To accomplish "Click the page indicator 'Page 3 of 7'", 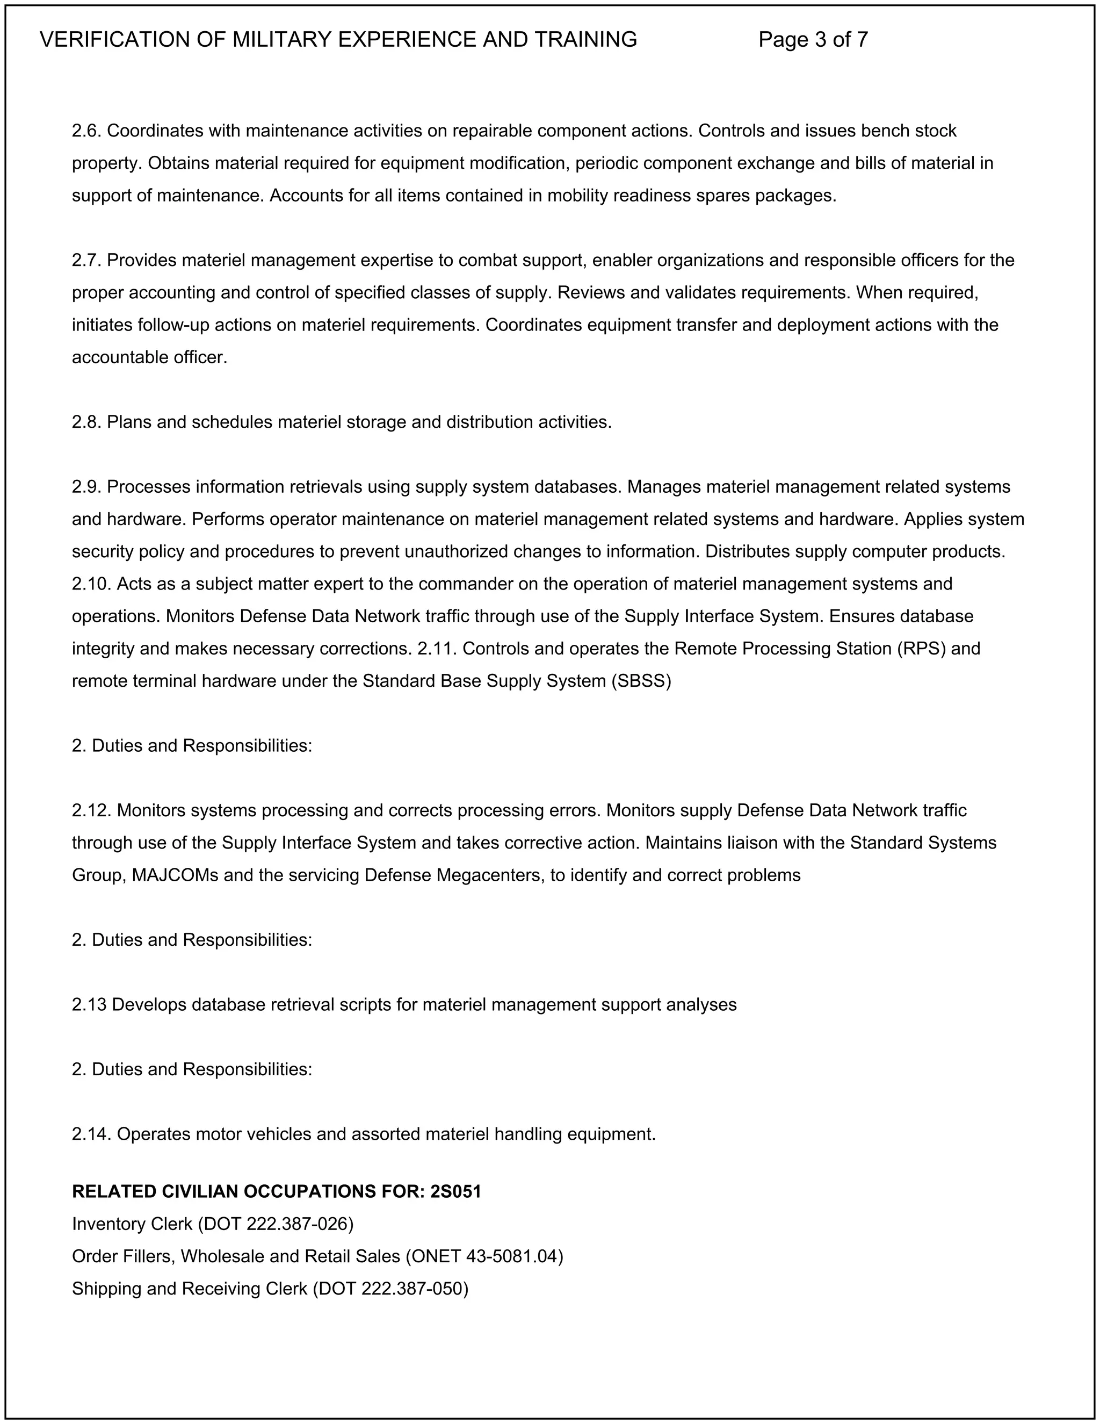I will coord(813,40).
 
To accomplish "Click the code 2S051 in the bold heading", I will coord(455,1191).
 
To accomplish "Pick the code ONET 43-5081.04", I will coord(484,1256).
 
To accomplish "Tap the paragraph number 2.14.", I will coord(92,1134).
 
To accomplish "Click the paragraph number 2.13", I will coord(89,1005).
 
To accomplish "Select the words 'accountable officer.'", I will coord(149,357).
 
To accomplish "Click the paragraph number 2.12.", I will coord(92,810).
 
